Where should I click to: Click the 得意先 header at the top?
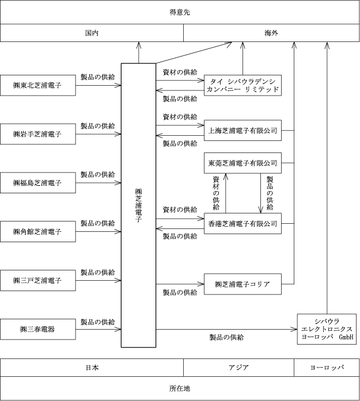(180, 12)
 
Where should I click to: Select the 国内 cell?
(92, 33)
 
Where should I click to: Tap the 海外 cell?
(271, 33)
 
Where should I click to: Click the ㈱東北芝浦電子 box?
(38, 85)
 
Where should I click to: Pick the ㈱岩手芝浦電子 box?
(38, 134)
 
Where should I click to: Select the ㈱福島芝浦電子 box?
(38, 182)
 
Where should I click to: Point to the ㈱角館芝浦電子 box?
(38, 231)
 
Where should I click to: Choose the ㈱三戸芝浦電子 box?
(38, 280)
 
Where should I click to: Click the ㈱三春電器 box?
(38, 329)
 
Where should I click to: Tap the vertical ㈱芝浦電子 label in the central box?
(138, 205)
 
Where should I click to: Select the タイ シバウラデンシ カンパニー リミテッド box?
(242, 85)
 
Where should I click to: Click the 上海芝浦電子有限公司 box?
(242, 131)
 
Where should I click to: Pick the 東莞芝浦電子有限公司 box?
(242, 163)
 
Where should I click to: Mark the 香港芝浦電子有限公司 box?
(242, 224)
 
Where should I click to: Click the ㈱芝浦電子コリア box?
(242, 284)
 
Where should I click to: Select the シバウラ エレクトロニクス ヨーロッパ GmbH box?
(327, 329)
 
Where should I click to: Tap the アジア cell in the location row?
(238, 368)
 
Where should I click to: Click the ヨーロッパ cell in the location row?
(327, 368)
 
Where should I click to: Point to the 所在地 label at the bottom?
(180, 388)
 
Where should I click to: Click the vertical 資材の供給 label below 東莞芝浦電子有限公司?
(216, 193)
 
